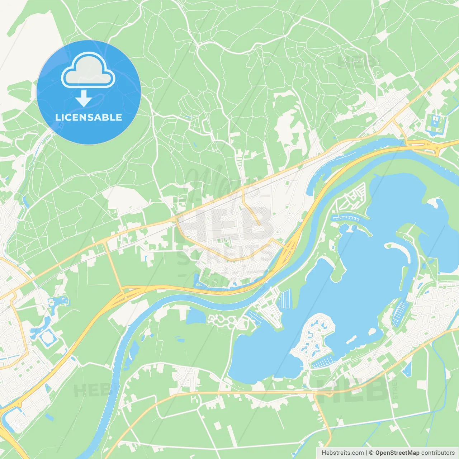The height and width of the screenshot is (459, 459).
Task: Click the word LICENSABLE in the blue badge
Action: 89,117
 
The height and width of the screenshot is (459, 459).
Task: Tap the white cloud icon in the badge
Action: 88,71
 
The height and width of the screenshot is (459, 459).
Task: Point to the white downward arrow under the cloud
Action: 84,98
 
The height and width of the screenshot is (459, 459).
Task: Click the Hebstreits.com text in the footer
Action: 342,453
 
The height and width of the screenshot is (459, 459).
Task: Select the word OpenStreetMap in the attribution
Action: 397,453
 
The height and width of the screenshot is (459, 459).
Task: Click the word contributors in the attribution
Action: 438,453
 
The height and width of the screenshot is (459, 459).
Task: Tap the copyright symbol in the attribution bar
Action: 371,453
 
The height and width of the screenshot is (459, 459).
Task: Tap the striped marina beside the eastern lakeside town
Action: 399,312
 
